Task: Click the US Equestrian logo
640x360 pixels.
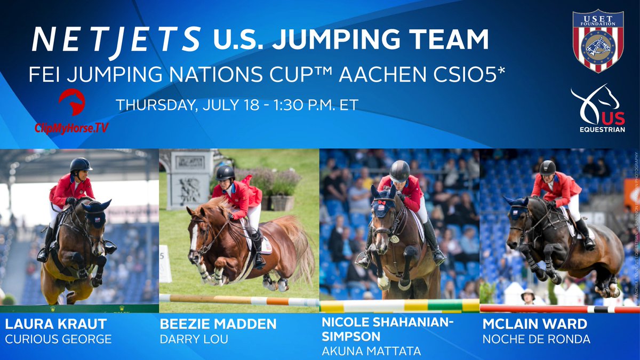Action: tap(597, 110)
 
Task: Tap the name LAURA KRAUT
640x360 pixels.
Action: tap(55, 323)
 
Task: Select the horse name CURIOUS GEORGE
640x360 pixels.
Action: tap(59, 339)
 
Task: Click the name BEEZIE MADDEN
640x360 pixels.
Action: tap(218, 323)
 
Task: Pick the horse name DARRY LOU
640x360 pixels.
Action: tap(194, 339)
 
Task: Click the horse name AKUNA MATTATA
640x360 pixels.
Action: tap(372, 350)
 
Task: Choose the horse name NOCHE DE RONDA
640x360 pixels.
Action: tap(537, 339)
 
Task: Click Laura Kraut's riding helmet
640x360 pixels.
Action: tap(81, 164)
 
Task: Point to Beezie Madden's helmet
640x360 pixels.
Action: tap(226, 172)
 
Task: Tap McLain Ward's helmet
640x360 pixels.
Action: tap(547, 167)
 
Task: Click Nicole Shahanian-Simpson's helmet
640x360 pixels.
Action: tap(399, 170)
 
